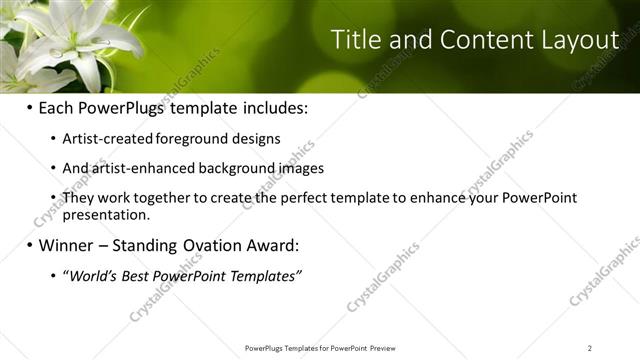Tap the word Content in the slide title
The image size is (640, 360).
coord(479,40)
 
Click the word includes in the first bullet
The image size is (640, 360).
coord(269,107)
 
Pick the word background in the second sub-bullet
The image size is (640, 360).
coord(229,169)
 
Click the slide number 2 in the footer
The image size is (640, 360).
coord(589,348)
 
